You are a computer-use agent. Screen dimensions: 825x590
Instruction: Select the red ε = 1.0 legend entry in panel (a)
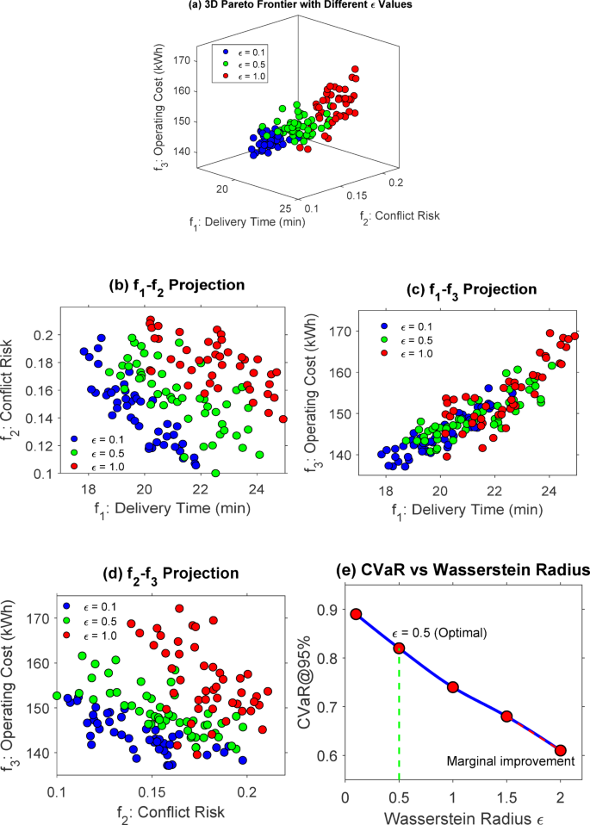[248, 78]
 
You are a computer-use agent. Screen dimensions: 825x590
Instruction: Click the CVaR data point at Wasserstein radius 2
[561, 750]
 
